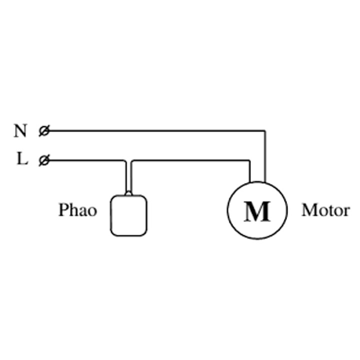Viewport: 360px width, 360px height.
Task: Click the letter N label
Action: coord(20,130)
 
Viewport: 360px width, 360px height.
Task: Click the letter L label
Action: coord(22,158)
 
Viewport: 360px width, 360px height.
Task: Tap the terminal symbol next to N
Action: coord(44,131)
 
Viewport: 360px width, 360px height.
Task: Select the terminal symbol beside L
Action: coord(44,160)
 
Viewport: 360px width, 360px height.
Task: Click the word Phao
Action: coord(78,210)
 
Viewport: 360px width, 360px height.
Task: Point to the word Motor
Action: coord(325,210)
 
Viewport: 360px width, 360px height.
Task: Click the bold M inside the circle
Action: coord(257,211)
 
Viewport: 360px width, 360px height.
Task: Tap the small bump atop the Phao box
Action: coord(128,193)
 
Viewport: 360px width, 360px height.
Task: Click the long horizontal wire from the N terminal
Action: coord(157,131)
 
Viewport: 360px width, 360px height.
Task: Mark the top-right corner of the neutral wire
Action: coord(265,131)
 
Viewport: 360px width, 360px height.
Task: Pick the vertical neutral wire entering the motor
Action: coord(265,157)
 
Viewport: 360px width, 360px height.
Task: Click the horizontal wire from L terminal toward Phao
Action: coord(86,160)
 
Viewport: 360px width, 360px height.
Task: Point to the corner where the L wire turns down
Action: coord(125,160)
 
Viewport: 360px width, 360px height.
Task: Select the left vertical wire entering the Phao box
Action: coord(126,177)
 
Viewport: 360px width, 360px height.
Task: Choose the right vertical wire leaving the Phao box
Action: coord(131,177)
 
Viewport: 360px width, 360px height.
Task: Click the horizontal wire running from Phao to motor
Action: coord(191,160)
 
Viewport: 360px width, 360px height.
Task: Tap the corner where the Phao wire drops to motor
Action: coord(250,160)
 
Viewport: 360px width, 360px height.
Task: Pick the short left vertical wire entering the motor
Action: coord(250,171)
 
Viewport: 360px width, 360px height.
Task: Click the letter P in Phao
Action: coord(63,210)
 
